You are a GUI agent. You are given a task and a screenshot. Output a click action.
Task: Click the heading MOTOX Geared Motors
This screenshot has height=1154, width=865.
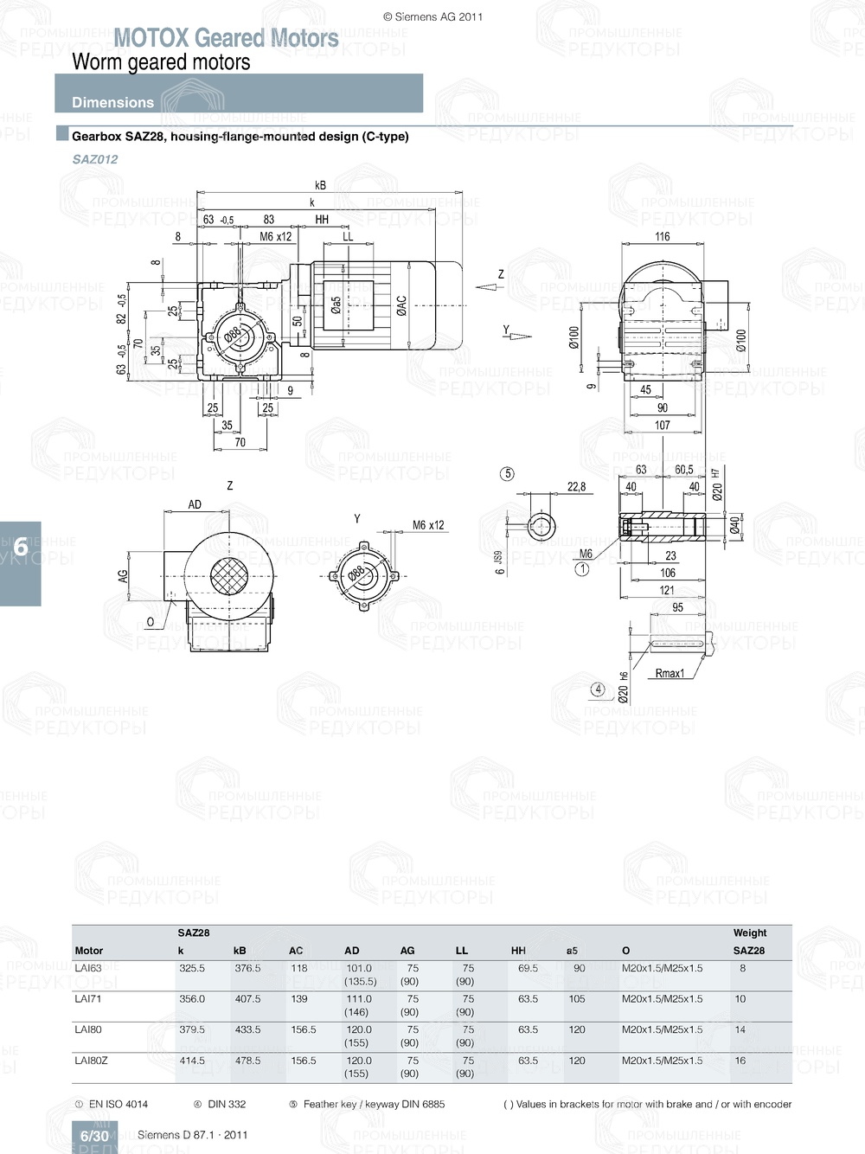point(226,38)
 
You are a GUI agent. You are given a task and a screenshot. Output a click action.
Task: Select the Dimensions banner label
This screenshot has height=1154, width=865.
point(112,102)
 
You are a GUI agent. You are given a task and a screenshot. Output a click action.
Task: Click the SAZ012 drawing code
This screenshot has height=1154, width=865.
point(95,159)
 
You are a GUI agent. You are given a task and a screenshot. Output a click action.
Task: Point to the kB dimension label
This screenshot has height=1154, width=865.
point(320,185)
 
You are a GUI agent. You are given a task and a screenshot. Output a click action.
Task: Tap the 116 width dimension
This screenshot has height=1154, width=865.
point(662,236)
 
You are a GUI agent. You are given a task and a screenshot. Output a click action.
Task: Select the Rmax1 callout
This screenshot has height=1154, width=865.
point(670,673)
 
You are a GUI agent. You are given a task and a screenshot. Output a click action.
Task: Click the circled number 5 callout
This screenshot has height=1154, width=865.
point(508,474)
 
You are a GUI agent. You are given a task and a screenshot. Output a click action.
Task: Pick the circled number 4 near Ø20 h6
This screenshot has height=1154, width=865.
point(598,689)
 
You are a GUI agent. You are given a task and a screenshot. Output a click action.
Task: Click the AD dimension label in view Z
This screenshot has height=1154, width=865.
point(195,504)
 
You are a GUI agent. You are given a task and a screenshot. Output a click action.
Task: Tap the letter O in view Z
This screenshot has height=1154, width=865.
point(151,621)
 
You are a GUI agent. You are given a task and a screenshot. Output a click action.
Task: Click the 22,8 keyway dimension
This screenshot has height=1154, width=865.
point(576,487)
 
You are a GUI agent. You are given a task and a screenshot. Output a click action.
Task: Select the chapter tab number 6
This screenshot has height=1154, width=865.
point(20,547)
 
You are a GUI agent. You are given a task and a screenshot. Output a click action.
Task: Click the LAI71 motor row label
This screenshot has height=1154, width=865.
point(88,998)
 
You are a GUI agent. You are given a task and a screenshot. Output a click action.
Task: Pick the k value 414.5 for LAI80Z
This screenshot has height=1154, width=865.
point(192,1061)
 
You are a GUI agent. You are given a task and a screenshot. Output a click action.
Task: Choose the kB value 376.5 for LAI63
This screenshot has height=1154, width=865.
point(247,968)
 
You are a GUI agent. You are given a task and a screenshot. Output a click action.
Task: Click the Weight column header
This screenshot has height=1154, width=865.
point(750,933)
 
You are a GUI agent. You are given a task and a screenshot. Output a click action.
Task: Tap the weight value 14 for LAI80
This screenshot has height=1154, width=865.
point(740,1029)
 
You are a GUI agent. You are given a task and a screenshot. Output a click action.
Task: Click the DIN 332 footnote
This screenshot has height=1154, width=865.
point(226,1104)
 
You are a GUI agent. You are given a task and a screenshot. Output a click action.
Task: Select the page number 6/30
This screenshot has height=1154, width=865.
point(94,1136)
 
